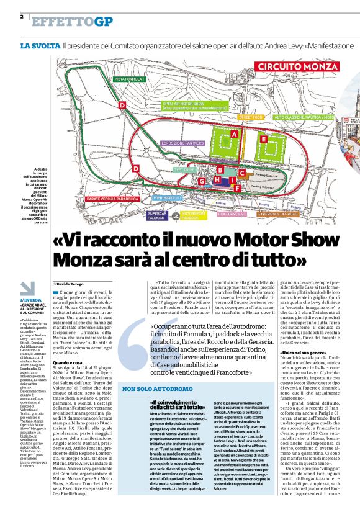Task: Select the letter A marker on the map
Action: point(234,133)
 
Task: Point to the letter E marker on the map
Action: point(263,140)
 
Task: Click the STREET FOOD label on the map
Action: point(251,117)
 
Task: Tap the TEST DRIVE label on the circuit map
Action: point(185,169)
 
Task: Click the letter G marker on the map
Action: point(202,181)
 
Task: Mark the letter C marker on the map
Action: point(242,173)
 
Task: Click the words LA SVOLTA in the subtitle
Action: point(40,47)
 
